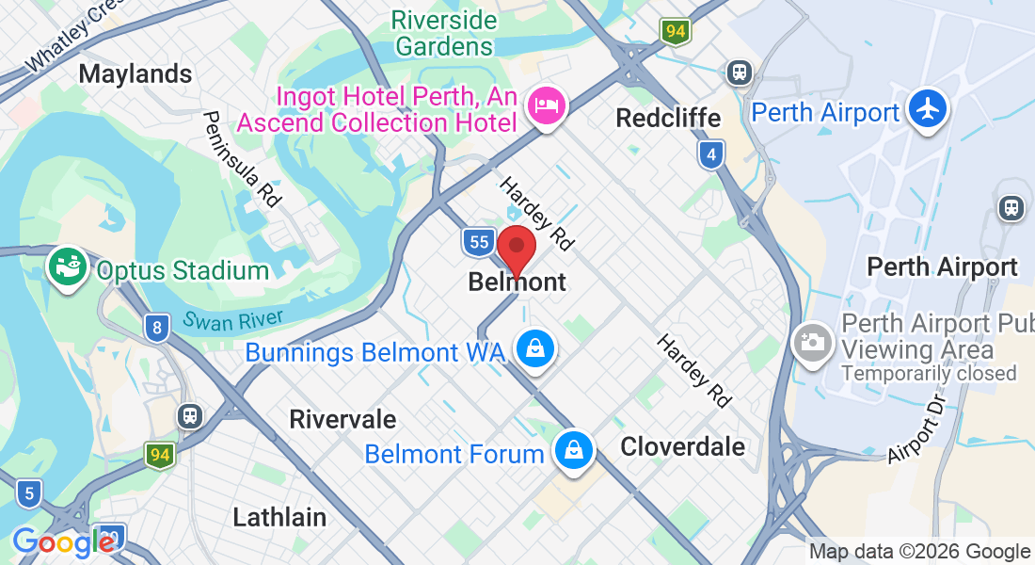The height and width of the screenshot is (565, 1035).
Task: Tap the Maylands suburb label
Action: (135, 73)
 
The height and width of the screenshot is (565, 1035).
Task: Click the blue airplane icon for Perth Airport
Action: (928, 108)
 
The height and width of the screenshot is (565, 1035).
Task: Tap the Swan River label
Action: (234, 320)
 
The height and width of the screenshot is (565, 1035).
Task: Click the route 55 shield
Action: (479, 242)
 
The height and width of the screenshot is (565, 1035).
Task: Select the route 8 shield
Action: (157, 328)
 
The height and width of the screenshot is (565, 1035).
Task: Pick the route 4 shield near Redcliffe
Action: (712, 153)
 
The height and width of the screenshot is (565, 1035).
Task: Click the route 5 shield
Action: (28, 492)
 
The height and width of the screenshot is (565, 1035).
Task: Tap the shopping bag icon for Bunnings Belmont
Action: (535, 348)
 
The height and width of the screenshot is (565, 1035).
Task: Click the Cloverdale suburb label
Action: (682, 446)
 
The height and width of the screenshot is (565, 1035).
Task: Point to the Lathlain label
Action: (279, 517)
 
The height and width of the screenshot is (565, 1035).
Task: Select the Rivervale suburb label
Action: (342, 419)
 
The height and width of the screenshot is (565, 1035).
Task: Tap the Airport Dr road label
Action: (916, 429)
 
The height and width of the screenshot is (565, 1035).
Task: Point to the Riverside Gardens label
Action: (444, 32)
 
